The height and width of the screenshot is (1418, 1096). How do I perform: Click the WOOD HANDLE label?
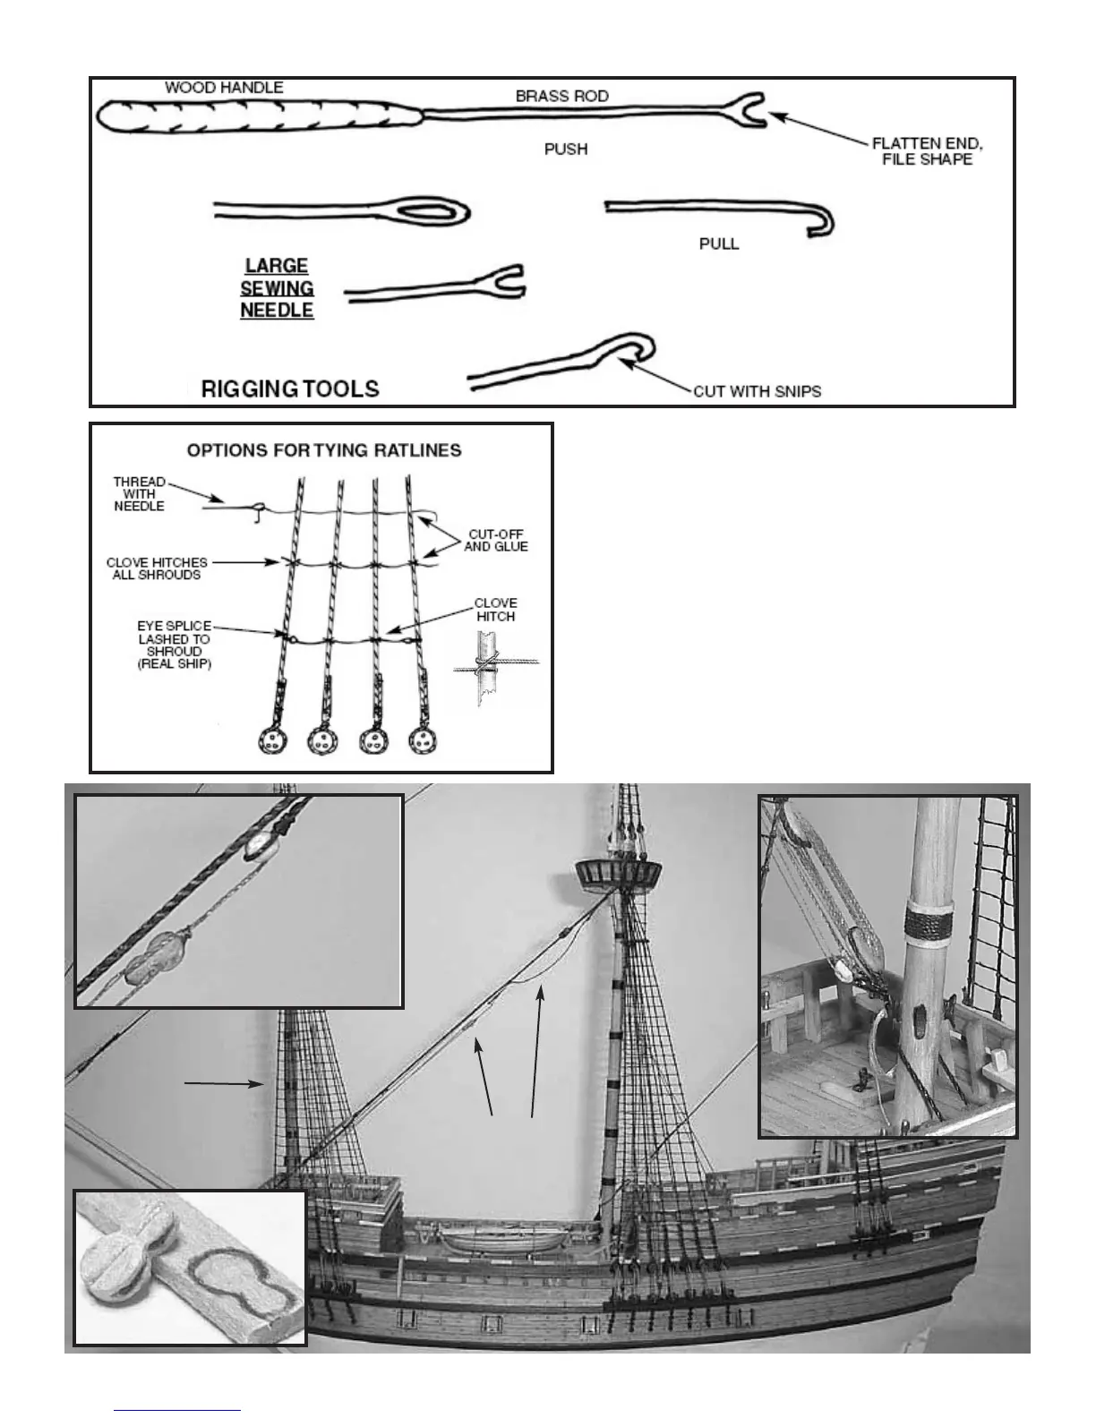coord(224,88)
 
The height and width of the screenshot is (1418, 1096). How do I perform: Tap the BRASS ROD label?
coord(562,96)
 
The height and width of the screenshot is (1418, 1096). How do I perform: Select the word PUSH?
coord(566,149)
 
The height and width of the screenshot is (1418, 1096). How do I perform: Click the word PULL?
coord(719,243)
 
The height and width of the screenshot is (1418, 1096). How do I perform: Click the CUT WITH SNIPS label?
coord(757,391)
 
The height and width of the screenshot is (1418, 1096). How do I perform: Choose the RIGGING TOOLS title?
coord(290,389)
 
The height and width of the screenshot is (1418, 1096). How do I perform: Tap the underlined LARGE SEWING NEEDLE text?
coord(277,288)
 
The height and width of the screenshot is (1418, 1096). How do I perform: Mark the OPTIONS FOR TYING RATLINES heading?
coord(324,450)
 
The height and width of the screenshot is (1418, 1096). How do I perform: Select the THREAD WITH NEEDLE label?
coord(139,494)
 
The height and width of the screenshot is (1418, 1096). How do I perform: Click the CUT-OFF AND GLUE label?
coord(495,540)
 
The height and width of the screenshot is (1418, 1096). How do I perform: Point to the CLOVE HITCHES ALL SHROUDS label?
coord(157,568)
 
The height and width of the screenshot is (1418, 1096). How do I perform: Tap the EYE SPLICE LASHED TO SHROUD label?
coord(174,645)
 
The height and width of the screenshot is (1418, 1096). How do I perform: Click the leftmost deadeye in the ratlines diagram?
coord(271,740)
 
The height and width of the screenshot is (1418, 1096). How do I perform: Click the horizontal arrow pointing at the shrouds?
coord(224,1084)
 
